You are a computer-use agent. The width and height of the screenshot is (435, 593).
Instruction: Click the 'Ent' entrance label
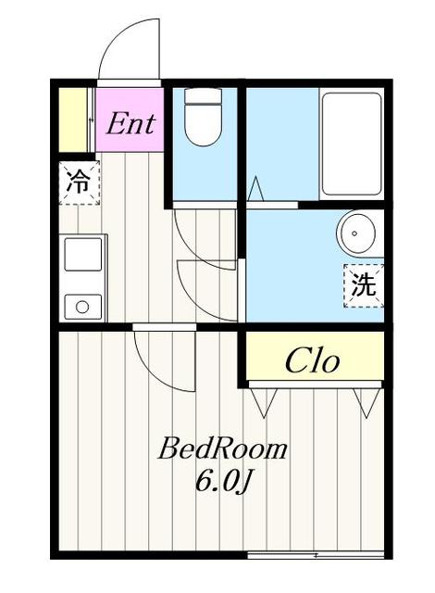[x=130, y=122]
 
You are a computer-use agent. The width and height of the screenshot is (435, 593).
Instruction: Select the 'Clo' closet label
[x=312, y=360]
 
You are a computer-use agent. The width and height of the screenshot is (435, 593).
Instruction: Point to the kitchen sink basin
[x=81, y=305]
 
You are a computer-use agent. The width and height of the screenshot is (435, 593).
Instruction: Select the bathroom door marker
[x=256, y=190]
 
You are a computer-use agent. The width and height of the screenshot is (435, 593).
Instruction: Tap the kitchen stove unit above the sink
[x=81, y=252]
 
